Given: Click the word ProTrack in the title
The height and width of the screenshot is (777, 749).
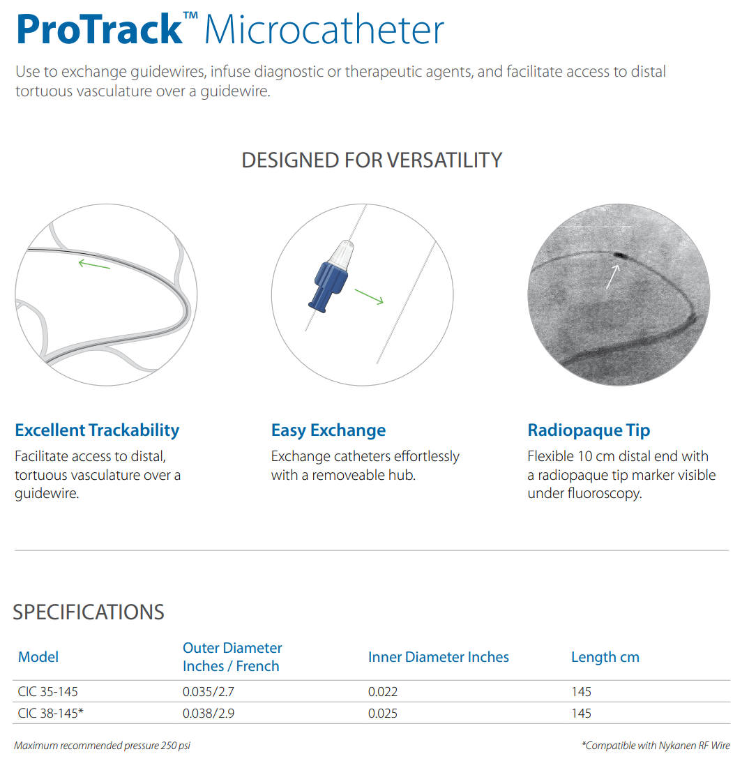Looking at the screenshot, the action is coord(100,30).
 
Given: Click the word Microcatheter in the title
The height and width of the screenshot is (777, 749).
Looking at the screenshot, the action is coord(324,30).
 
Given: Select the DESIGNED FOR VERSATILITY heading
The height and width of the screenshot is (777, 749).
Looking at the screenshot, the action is coord(372,160).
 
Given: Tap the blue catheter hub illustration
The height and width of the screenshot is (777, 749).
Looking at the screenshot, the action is coord(331,276).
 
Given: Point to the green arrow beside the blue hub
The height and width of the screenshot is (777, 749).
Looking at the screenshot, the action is coord(369,297).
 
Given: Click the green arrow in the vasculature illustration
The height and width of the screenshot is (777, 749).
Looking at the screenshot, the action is coord(94,264).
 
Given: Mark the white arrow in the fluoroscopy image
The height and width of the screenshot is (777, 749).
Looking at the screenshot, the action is coord(613,277).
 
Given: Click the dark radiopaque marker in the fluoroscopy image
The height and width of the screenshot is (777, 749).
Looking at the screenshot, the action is coord(620,256).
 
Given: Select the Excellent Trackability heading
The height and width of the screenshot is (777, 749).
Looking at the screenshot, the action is coord(97,430).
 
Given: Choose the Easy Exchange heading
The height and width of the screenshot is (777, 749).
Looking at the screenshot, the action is coord(328,430).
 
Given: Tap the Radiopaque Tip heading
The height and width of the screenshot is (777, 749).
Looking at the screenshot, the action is coord(589,430).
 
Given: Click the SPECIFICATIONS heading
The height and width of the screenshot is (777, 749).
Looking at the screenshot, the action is coord(88,612).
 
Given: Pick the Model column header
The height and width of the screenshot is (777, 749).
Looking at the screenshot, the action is coord(38,657).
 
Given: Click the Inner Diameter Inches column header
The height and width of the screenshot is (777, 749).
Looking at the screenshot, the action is coord(439,657).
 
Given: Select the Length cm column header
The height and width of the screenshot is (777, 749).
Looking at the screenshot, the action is coord(605,658).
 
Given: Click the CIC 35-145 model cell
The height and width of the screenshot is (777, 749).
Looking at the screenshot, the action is coord(47,692).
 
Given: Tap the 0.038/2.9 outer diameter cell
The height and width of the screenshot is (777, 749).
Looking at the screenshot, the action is coord(209,714).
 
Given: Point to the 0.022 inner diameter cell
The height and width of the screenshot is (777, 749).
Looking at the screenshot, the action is coord(383,692).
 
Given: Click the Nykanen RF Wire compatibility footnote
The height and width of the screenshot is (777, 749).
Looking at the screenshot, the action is coord(656,746).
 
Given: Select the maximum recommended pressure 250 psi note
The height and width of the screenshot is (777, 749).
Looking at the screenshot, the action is coord(102,746).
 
